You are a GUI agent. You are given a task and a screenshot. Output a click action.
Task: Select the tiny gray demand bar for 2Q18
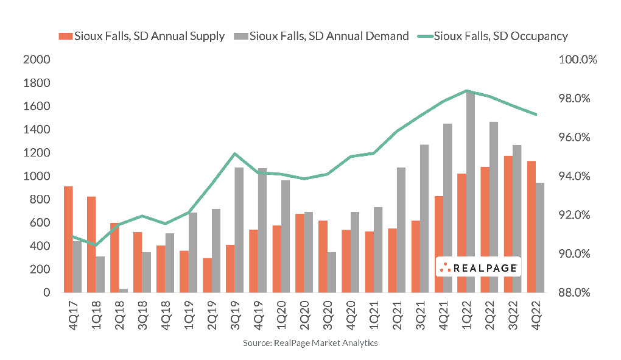pos(124,290)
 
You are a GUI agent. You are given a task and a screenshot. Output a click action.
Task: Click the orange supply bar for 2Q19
pos(207,275)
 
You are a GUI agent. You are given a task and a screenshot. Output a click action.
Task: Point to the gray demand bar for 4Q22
pos(540,238)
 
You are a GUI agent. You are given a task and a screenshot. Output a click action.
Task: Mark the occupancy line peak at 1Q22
pos(466,91)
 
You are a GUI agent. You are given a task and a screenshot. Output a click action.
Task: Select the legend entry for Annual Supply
pos(142,36)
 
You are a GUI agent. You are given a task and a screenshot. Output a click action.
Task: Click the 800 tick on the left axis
pos(41,200)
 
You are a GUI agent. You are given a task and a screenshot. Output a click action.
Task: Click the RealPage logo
pos(479,267)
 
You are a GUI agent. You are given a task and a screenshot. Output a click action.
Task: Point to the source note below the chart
pos(310,344)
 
